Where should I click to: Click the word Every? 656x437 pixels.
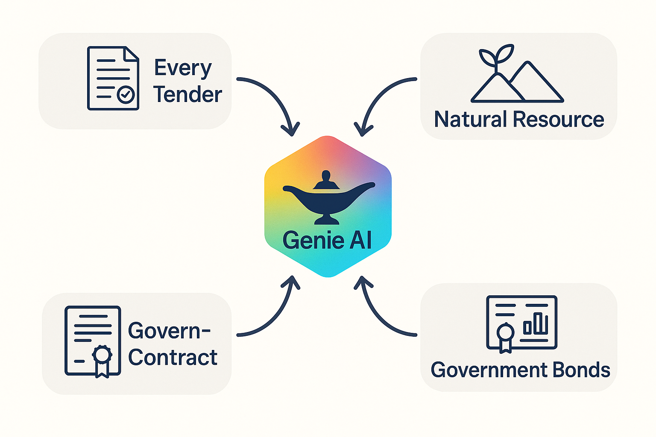pos(183,68)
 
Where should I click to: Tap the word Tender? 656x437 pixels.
pos(187,94)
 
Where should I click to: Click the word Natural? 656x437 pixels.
pos(470,119)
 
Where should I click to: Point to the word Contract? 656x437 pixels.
pos(173,357)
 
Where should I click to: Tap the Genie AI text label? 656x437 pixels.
pos(327,240)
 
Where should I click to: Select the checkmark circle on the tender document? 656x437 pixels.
pos(126,95)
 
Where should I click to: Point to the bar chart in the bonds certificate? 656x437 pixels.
pos(536,323)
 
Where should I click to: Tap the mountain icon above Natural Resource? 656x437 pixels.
pos(518,85)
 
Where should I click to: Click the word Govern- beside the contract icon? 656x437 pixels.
pos(169,331)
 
